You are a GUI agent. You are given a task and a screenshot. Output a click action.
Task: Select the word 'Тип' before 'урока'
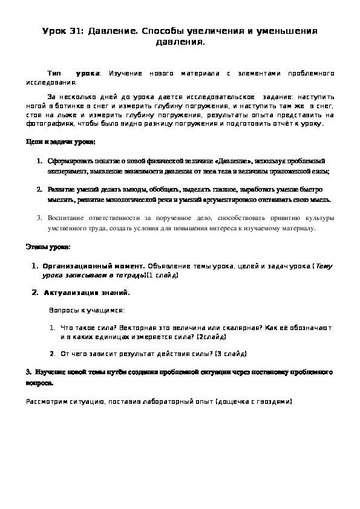pyautogui.click(x=54, y=73)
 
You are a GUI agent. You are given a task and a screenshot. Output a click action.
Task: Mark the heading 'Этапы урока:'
pyautogui.click(x=48, y=248)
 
